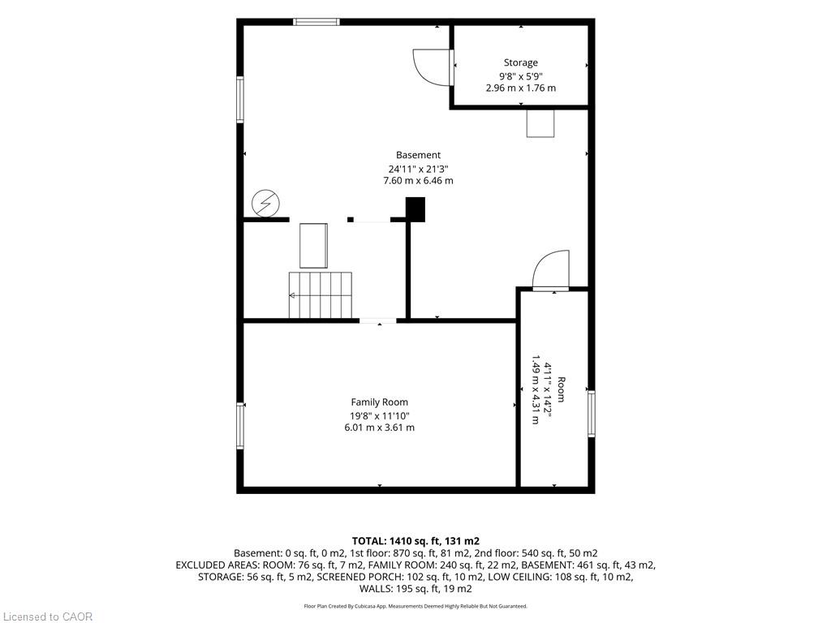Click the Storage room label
[520, 62]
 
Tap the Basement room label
[418, 155]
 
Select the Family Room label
[380, 402]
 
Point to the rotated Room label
[562, 389]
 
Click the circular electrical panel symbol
[265, 203]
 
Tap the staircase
[320, 295]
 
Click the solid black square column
[415, 209]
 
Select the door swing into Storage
[432, 67]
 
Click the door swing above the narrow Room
[551, 269]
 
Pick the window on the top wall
[316, 22]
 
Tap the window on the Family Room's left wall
[240, 425]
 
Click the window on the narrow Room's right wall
[591, 413]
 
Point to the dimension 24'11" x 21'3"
[418, 169]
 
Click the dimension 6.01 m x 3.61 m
[380, 428]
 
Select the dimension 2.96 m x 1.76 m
[520, 88]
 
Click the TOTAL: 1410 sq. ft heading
[415, 541]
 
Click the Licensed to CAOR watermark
[48, 617]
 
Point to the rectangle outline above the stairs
[313, 246]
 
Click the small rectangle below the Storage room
[540, 123]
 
